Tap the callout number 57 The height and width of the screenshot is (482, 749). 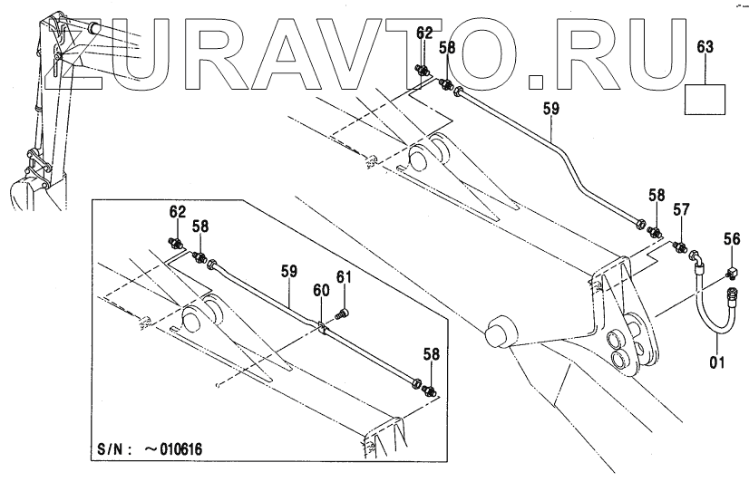coord(682,210)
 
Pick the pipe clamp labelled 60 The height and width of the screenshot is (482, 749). coord(322,323)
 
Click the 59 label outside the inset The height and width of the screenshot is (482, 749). coord(551,109)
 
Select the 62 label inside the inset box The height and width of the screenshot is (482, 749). coord(177,212)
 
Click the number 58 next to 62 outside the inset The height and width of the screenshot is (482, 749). coord(447,48)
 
